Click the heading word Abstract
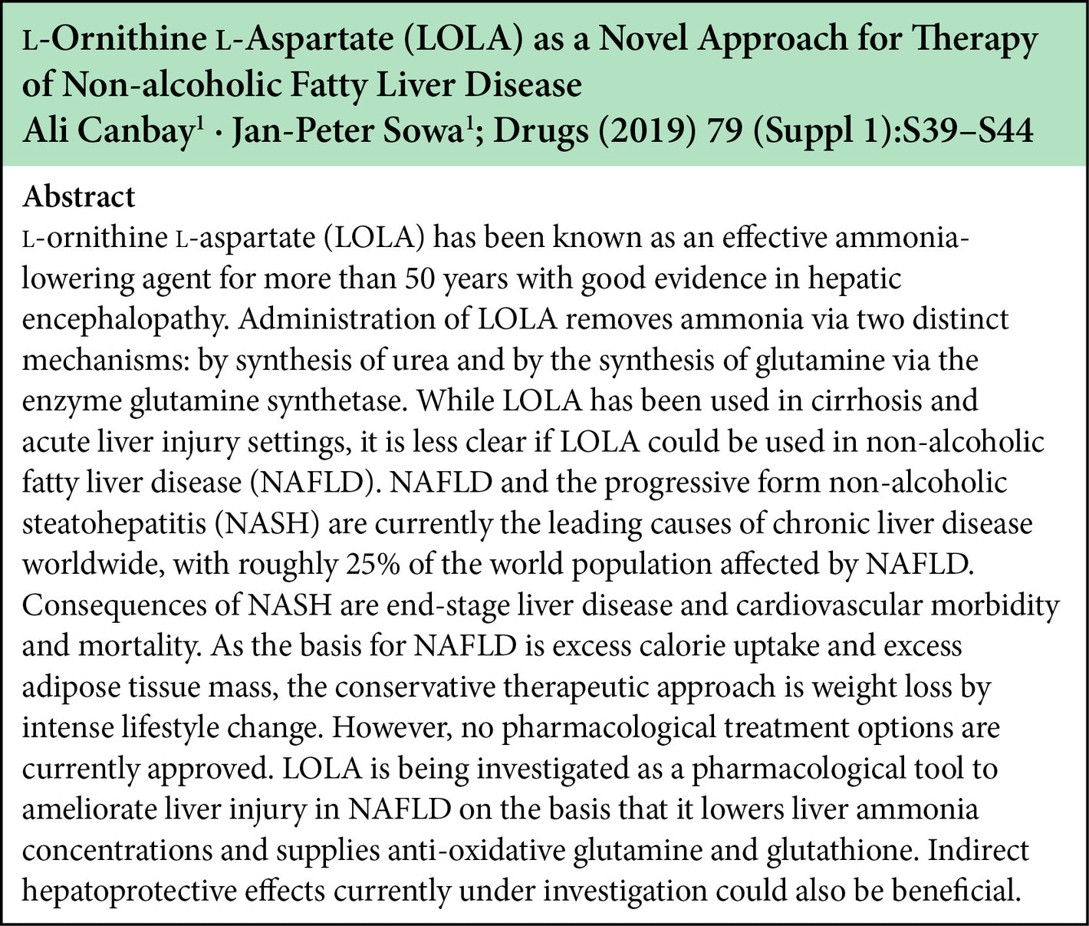point(78,197)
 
